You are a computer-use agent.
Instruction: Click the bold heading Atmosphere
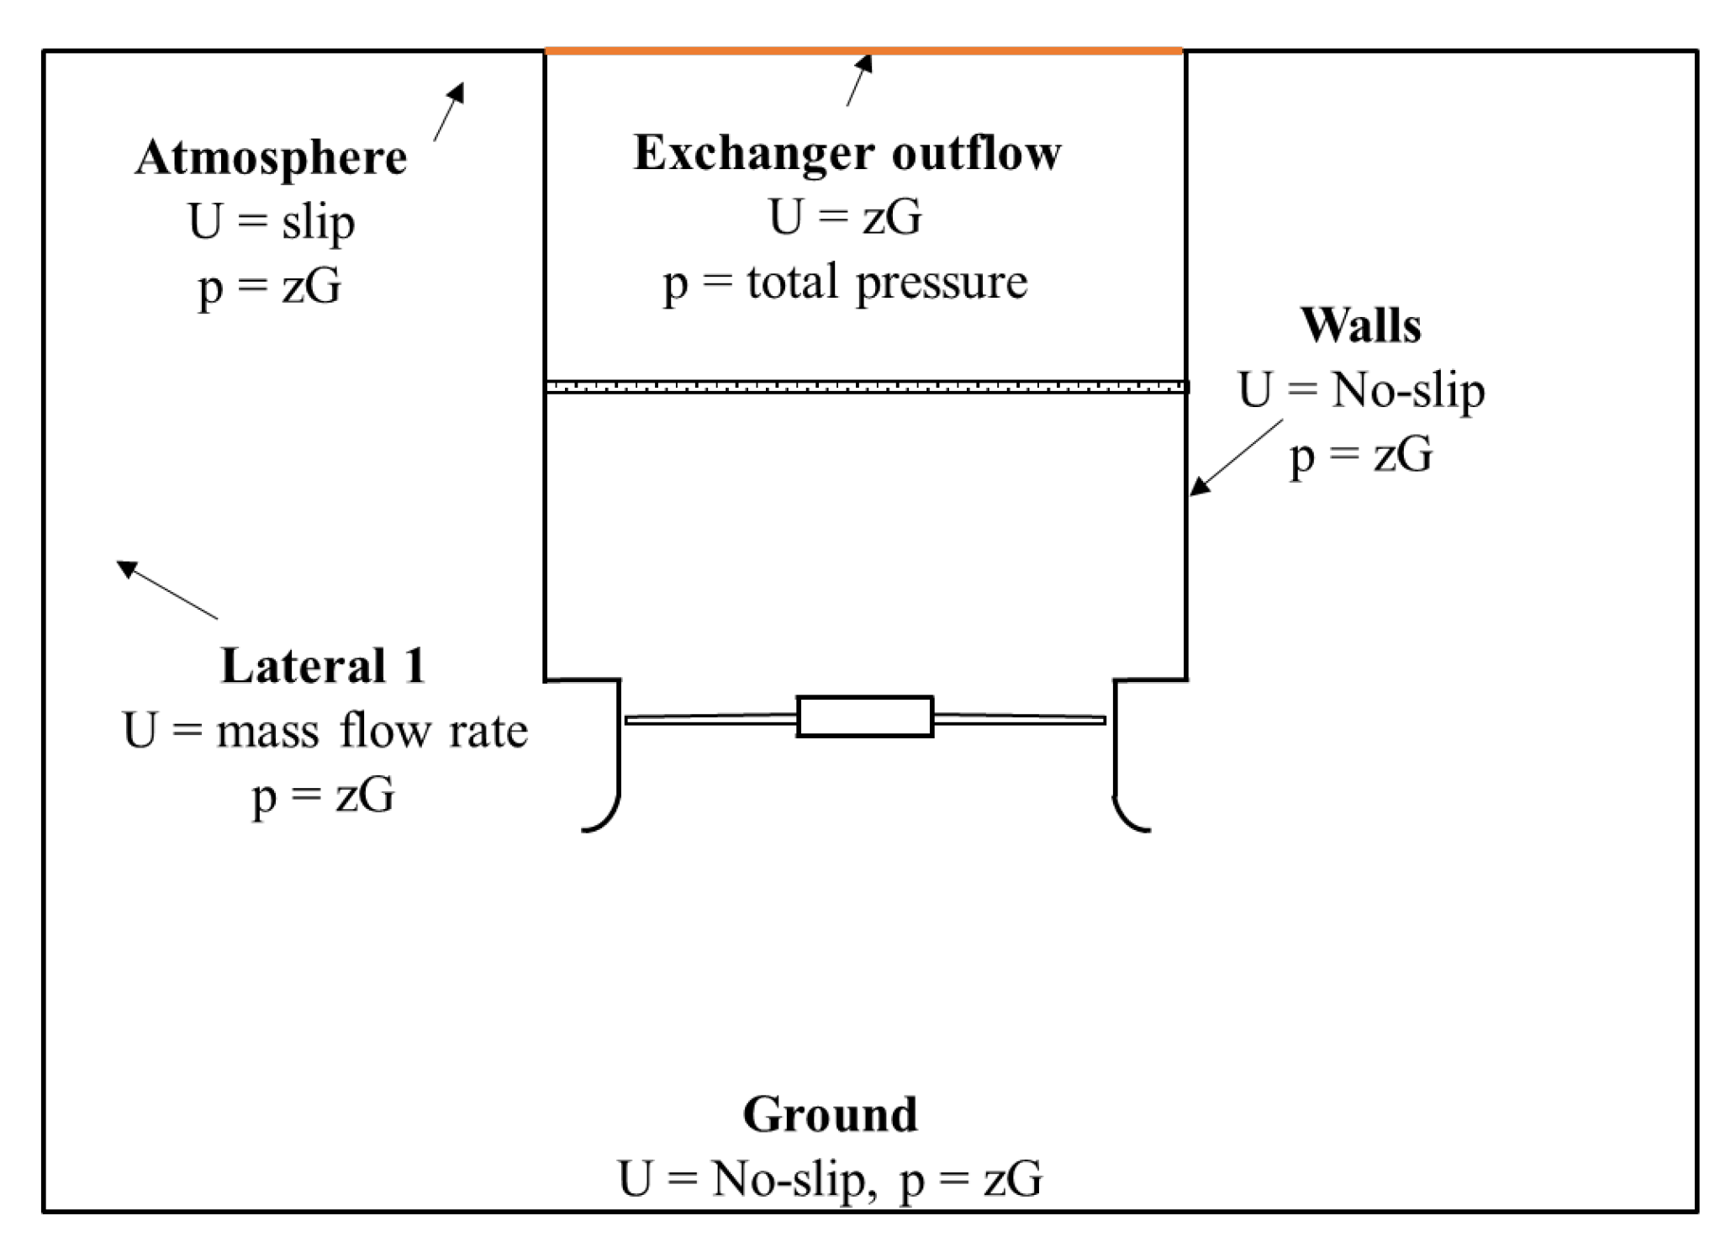pos(271,157)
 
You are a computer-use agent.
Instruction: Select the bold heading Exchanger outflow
pos(847,153)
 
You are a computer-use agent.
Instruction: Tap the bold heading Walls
pos(1360,325)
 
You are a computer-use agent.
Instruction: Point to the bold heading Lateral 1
pos(323,666)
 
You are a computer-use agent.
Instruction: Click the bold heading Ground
pos(830,1114)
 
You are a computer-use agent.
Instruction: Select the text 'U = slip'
pos(271,222)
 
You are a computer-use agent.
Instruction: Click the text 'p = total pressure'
pos(845,282)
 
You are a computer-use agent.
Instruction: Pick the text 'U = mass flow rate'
pos(325,730)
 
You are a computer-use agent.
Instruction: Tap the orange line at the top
pos(863,51)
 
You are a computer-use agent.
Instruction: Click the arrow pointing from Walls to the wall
pos(1235,457)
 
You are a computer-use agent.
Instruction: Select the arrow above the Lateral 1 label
pos(166,589)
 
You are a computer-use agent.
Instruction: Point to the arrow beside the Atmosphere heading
pos(449,111)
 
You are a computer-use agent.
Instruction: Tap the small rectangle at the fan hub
pos(864,716)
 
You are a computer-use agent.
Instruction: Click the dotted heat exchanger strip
pos(865,387)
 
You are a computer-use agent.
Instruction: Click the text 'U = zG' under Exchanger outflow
pos(845,217)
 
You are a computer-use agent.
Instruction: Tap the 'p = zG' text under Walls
pos(1360,456)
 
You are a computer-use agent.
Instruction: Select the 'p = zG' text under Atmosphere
pos(270,287)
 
